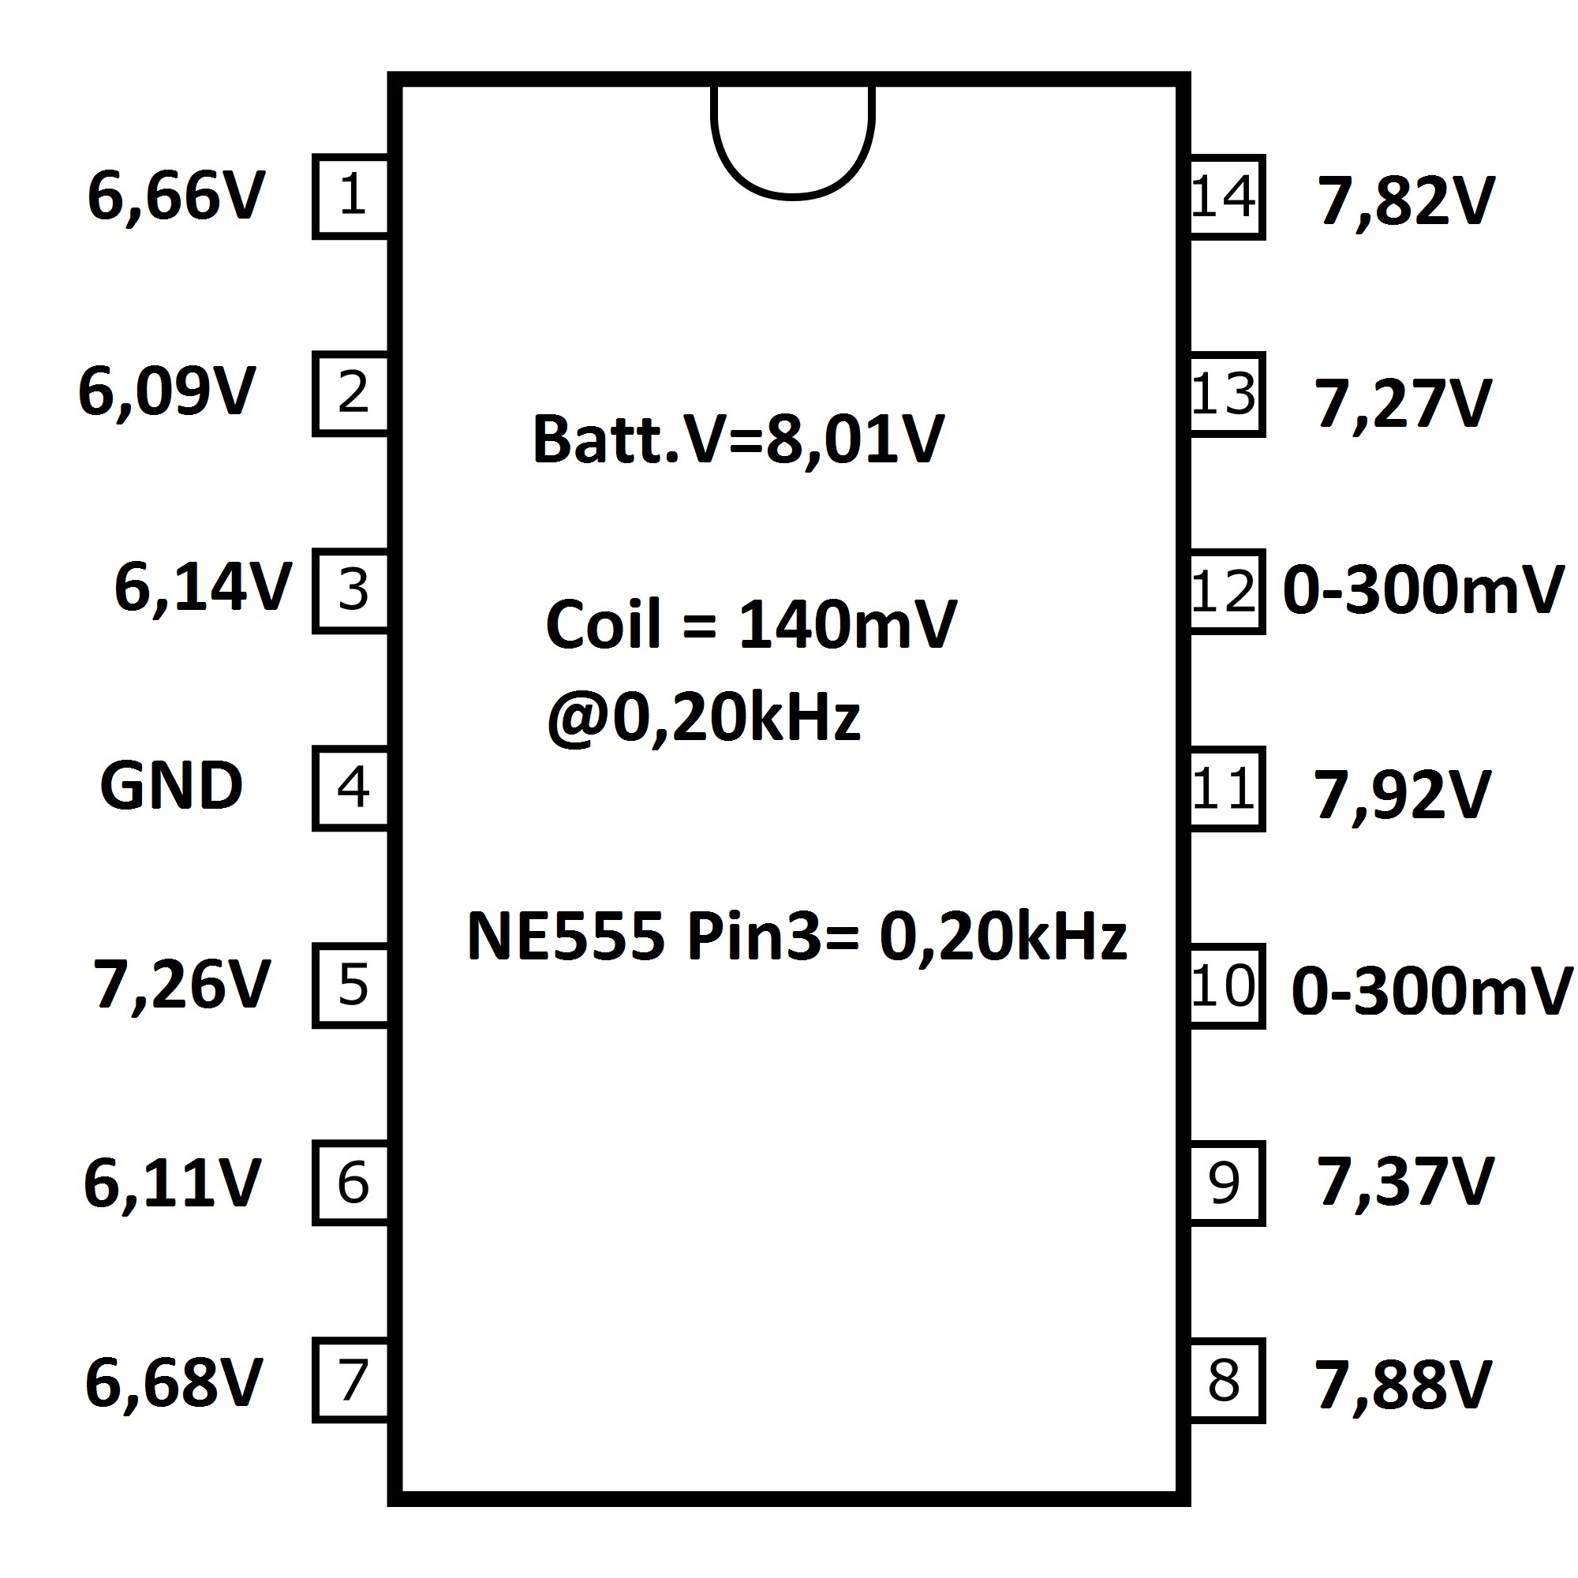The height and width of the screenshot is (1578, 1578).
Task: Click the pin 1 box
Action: pyautogui.click(x=350, y=196)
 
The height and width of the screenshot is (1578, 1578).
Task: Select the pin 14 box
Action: pyautogui.click(x=1227, y=196)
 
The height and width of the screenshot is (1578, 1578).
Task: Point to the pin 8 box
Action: pyautogui.click(x=1227, y=1382)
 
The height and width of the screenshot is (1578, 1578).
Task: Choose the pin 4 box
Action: pyautogui.click(x=350, y=788)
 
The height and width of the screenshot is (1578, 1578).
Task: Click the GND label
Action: pyautogui.click(x=171, y=786)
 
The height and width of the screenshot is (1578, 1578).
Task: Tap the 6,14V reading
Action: pyautogui.click(x=204, y=588)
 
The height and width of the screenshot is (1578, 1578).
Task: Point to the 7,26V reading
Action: pyautogui.click(x=181, y=984)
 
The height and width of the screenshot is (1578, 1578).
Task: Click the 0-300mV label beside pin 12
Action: pyautogui.click(x=1423, y=589)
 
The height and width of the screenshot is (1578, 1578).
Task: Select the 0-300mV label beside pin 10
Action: pyautogui.click(x=1432, y=992)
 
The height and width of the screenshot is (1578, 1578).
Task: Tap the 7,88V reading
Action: pyautogui.click(x=1403, y=1386)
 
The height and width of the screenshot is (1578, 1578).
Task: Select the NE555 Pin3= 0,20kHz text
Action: pyautogui.click(x=797, y=936)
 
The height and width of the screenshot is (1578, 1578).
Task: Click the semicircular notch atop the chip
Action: pyautogui.click(x=793, y=196)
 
